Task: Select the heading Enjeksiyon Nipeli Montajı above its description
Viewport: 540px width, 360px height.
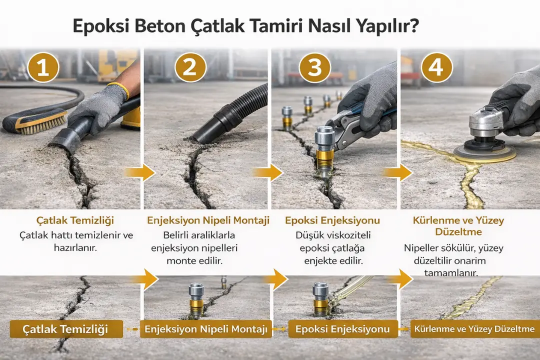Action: click(x=208, y=220)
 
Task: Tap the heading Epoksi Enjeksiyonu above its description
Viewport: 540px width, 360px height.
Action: click(x=332, y=220)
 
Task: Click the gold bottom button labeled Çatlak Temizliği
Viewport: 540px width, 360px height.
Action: click(x=66, y=329)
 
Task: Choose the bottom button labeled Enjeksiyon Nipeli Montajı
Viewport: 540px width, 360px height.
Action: click(x=205, y=329)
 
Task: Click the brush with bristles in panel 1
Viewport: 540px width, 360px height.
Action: click(x=35, y=121)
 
